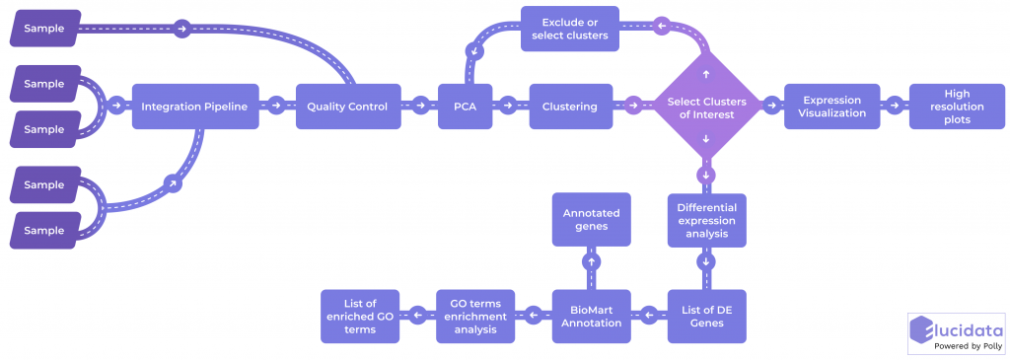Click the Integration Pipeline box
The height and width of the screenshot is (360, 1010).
(x=196, y=106)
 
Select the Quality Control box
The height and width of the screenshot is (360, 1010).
(x=346, y=106)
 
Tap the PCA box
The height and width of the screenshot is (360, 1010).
(x=465, y=106)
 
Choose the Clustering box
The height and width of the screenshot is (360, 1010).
(x=569, y=106)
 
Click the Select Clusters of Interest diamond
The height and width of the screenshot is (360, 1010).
(x=706, y=107)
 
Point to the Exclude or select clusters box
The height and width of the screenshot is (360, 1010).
(x=569, y=30)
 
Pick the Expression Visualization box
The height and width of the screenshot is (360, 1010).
(x=832, y=106)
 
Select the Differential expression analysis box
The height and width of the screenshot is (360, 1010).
(x=706, y=220)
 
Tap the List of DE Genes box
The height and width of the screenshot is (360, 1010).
(x=706, y=316)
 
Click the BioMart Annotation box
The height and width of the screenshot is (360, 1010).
(x=591, y=316)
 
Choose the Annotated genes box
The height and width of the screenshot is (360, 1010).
(x=591, y=219)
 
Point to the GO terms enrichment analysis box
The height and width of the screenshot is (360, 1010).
(x=475, y=316)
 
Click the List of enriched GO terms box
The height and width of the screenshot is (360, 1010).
(x=360, y=316)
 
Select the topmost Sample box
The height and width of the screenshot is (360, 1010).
(x=43, y=29)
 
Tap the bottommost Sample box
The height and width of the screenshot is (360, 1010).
(x=43, y=229)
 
